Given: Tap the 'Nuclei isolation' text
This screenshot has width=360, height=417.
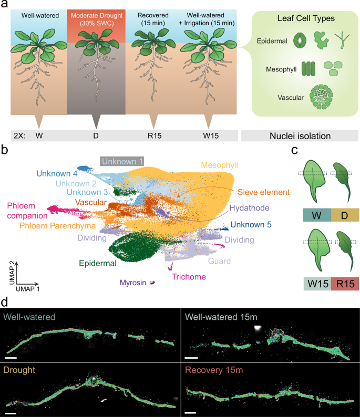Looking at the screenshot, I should pyautogui.click(x=297, y=135).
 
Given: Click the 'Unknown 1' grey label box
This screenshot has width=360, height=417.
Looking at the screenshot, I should pyautogui.click(x=122, y=161).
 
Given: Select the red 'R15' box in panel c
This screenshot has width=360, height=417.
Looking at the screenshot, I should pyautogui.click(x=344, y=284).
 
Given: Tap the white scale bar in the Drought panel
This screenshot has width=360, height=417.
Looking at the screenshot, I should pyautogui.click(x=11, y=413).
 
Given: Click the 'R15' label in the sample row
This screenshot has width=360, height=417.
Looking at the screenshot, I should pyautogui.click(x=153, y=135).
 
